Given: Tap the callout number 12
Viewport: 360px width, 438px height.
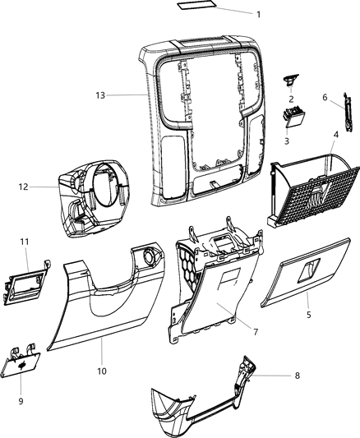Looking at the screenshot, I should click(x=23, y=187).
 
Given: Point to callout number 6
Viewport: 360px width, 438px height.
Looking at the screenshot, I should click(x=324, y=97).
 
